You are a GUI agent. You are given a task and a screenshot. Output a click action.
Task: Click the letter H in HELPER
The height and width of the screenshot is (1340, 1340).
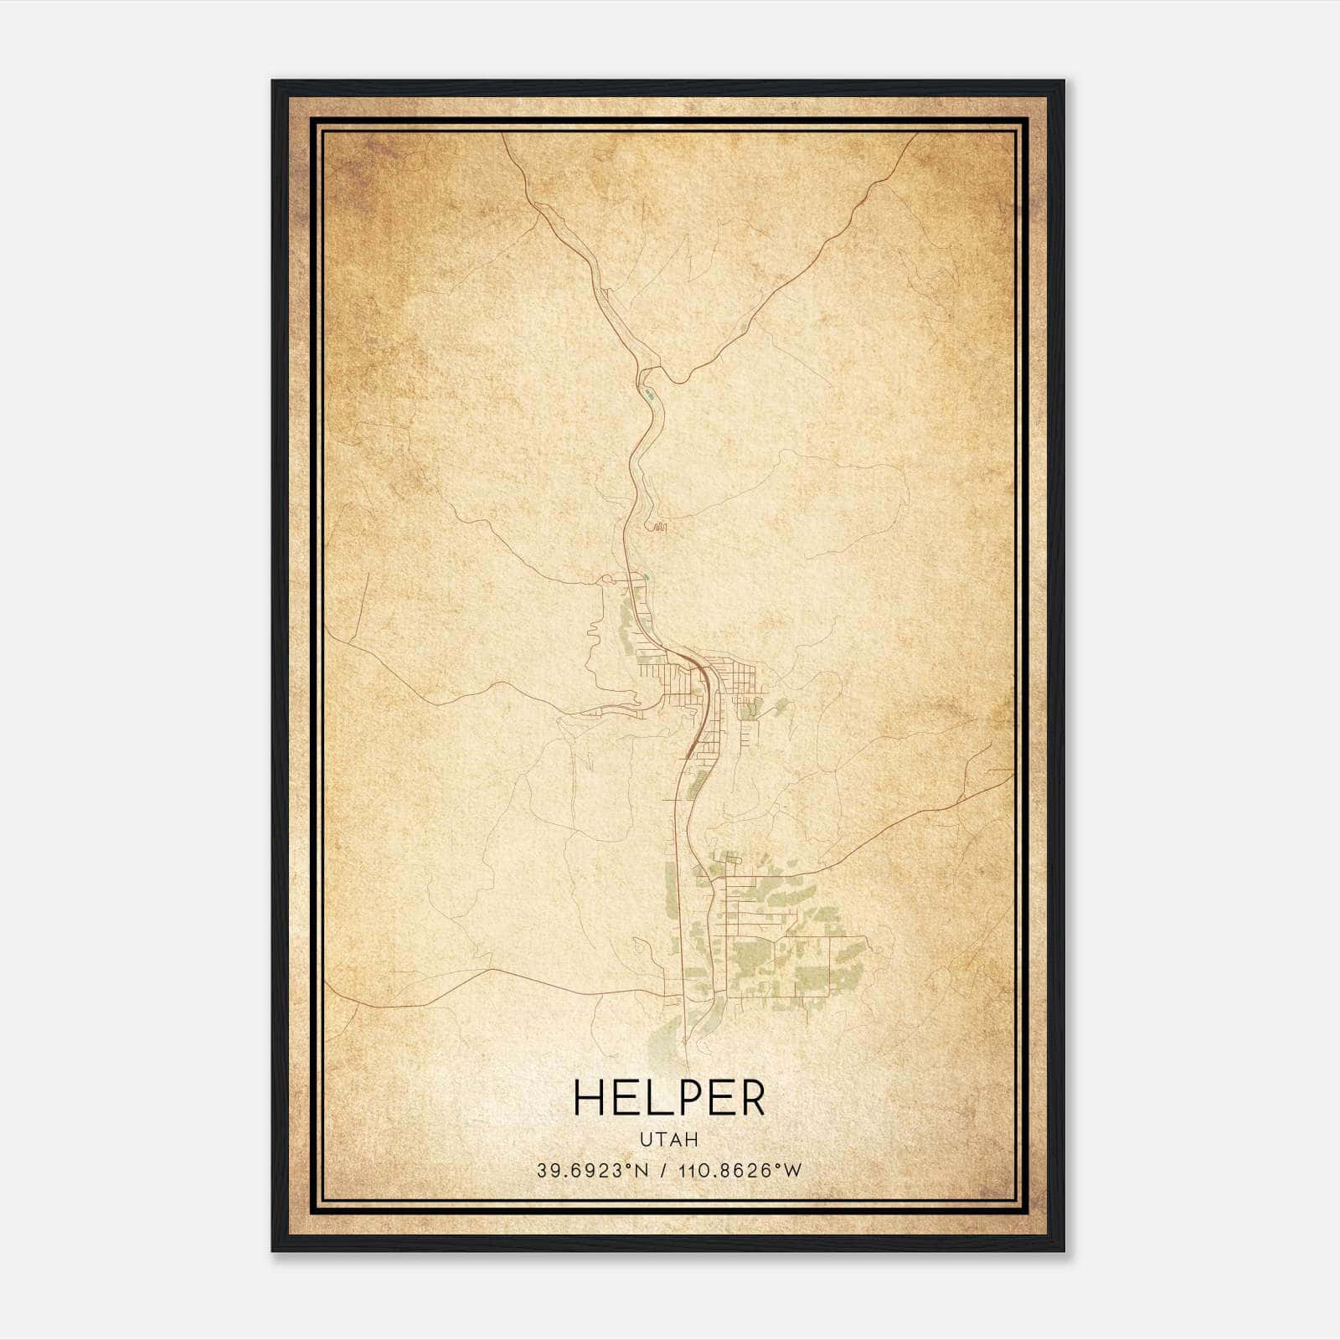[590, 1098]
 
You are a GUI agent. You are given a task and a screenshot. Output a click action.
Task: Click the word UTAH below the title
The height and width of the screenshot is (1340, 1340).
[669, 1140]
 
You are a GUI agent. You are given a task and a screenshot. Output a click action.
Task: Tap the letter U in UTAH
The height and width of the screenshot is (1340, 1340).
[646, 1140]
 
